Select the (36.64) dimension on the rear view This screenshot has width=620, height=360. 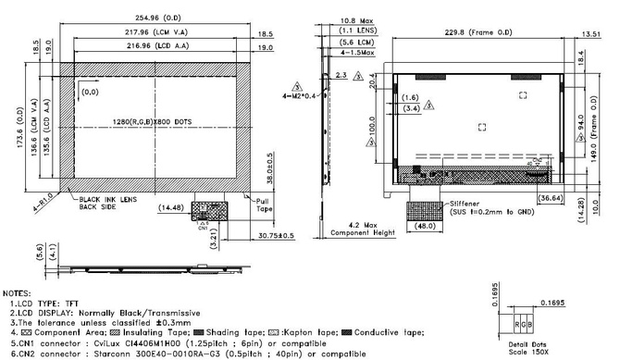point(548,197)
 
